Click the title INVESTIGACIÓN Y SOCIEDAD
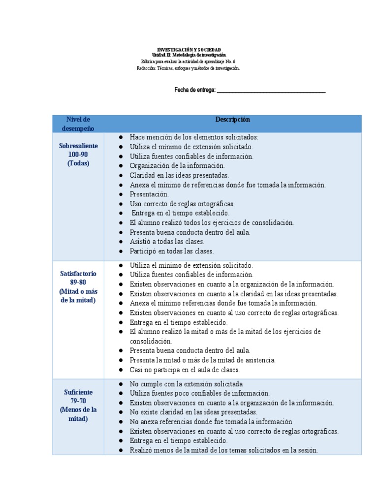pos(189,50)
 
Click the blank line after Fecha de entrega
pos(271,90)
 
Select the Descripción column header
pos(232,120)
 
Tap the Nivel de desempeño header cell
pos(78,124)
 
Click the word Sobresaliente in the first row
pos(78,146)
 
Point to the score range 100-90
pos(78,155)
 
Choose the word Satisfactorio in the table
pos(78,274)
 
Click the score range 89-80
pos(78,283)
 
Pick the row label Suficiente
pos(78,392)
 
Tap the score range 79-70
pos(78,401)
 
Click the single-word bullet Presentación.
pos(149,194)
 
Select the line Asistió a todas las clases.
pos(167,242)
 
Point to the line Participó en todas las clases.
pos(172,251)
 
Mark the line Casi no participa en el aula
pos(185,370)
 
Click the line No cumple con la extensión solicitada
pos(186,384)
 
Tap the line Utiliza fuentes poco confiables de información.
pos(199,393)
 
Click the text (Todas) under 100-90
pos(78,163)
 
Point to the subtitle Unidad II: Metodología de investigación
pos(189,55)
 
